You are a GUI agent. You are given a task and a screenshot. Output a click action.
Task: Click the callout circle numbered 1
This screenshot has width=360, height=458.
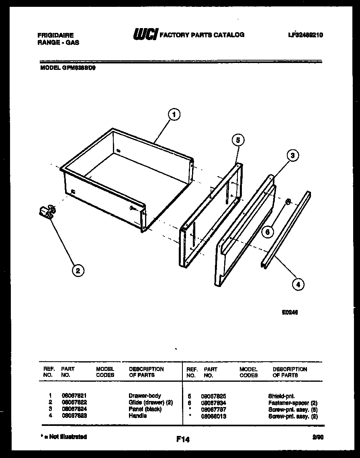[x=174, y=115]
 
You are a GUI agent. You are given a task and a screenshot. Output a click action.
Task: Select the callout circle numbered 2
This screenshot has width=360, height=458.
[x=78, y=271]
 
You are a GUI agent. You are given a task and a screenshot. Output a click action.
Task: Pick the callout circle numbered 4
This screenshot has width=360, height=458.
[x=298, y=285]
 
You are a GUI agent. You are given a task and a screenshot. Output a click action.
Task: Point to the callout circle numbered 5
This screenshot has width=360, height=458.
[x=238, y=140]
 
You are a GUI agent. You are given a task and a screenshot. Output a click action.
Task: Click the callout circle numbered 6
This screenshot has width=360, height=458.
[x=268, y=232]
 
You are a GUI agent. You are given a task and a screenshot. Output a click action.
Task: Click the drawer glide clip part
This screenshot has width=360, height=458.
[x=48, y=212]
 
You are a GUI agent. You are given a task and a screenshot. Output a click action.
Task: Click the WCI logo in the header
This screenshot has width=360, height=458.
[x=145, y=35]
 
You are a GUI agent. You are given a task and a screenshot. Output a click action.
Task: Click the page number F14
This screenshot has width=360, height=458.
[x=183, y=440]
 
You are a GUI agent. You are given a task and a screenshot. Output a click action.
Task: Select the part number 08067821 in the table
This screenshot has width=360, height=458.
[x=74, y=396]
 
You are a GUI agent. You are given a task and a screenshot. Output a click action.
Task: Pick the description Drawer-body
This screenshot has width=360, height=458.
[x=145, y=396]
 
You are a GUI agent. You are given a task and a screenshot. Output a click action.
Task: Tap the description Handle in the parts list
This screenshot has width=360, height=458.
[x=137, y=416]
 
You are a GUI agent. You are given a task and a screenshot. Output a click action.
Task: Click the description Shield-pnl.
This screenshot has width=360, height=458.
[x=282, y=396]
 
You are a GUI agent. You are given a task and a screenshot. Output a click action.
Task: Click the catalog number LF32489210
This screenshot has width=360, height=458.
[x=305, y=35]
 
